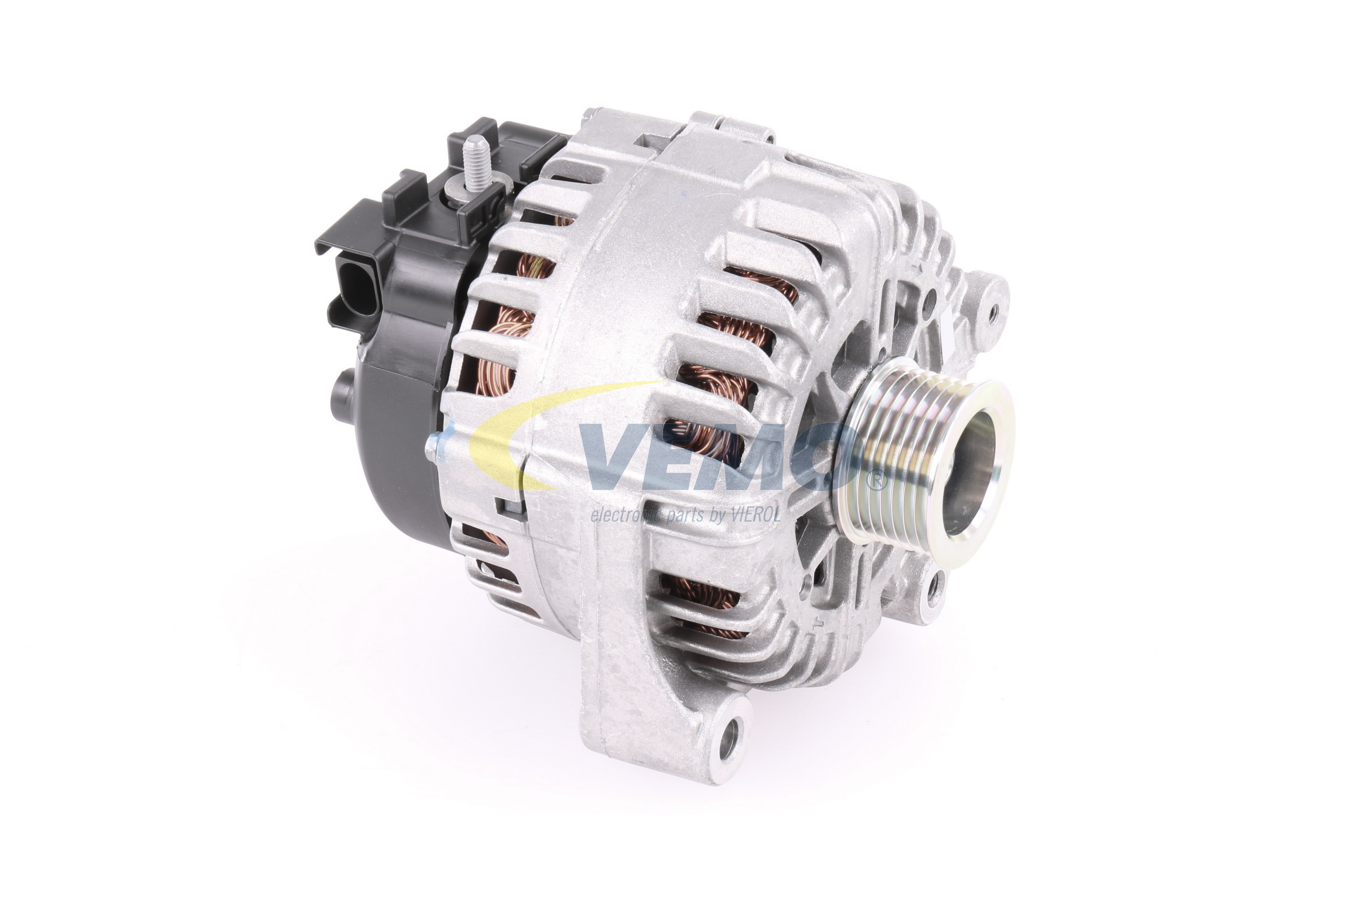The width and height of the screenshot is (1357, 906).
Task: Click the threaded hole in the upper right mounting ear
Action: (x=994, y=312)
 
